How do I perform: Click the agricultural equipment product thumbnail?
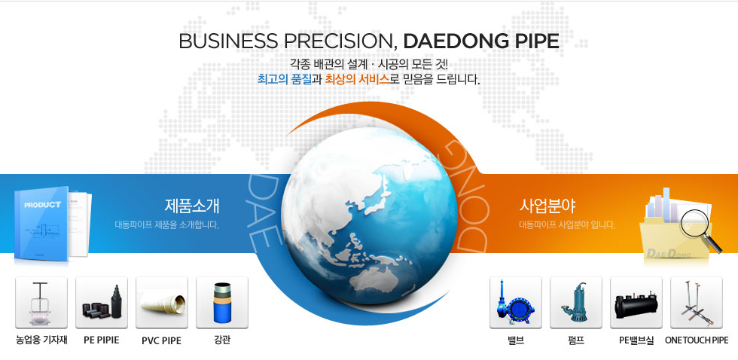41,303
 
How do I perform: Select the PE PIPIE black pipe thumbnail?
102,303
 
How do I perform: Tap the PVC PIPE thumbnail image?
162,303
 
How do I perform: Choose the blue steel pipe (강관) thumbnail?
222,303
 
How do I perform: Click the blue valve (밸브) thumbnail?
516,303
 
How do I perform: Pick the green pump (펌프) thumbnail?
576,303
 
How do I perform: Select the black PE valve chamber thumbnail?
636,303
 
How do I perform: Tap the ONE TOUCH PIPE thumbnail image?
697,303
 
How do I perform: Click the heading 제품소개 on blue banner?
192,206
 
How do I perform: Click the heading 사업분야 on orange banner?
547,206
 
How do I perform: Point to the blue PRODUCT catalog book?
41,223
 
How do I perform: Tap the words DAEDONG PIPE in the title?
481,41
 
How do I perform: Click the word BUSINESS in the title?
228,41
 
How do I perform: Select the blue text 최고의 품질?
285,79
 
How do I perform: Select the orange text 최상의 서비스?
358,79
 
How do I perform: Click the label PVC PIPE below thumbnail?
161,340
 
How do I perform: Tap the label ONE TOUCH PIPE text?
697,340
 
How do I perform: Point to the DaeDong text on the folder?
669,254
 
